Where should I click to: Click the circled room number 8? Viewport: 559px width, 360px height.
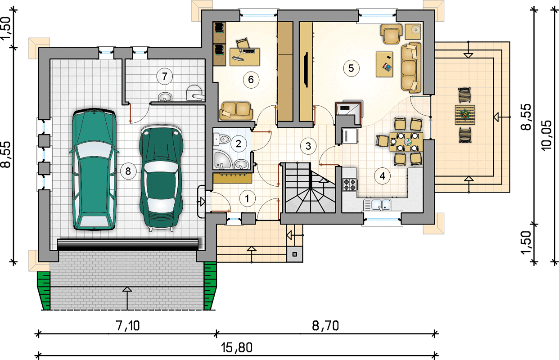click(x=128, y=171)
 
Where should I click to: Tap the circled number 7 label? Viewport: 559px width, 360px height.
click(x=164, y=76)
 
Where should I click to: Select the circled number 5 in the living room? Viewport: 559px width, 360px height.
click(x=351, y=68)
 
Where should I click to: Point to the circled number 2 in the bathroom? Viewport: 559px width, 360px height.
click(x=239, y=144)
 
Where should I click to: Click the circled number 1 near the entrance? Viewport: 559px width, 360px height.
click(x=247, y=199)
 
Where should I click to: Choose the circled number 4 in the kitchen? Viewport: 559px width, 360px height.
click(x=382, y=176)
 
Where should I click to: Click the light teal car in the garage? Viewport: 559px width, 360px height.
click(x=94, y=169)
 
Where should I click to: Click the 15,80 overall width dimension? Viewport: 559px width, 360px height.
click(x=237, y=347)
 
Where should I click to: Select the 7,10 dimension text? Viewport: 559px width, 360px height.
click(x=127, y=326)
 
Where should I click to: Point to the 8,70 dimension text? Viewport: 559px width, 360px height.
click(x=325, y=326)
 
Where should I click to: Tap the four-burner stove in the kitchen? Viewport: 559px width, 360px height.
click(x=350, y=184)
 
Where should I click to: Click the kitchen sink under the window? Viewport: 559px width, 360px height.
click(x=377, y=205)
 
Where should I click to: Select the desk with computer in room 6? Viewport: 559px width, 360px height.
click(x=244, y=57)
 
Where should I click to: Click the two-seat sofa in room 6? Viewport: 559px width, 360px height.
click(x=236, y=111)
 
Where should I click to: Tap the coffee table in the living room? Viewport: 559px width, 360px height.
click(x=384, y=64)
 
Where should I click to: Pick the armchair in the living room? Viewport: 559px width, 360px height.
click(x=391, y=34)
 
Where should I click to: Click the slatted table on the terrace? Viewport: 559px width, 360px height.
click(x=465, y=115)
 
